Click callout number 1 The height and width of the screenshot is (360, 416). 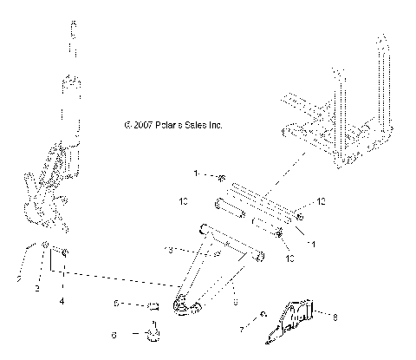(197, 174)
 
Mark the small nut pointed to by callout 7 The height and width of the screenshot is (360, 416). (263, 314)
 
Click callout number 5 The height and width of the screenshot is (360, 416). (116, 304)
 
